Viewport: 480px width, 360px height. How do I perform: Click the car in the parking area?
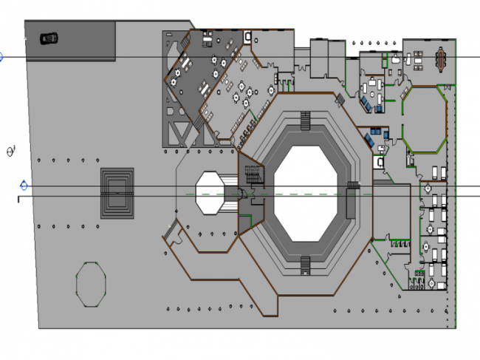click(49, 38)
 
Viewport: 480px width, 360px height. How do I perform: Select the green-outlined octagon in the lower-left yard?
click(91, 283)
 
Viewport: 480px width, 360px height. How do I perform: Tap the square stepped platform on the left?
click(118, 192)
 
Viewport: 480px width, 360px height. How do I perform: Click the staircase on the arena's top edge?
click(305, 120)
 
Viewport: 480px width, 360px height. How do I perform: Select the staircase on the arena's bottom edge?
click(305, 265)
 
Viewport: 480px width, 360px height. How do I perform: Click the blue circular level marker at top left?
click(1, 56)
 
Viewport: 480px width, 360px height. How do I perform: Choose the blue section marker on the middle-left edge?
click(24, 185)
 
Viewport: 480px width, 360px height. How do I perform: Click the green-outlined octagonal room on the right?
click(425, 118)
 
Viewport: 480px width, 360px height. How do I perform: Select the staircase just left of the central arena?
click(253, 176)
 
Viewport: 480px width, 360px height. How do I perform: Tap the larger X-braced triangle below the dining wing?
click(181, 133)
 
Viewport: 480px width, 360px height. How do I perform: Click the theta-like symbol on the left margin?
click(10, 152)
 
